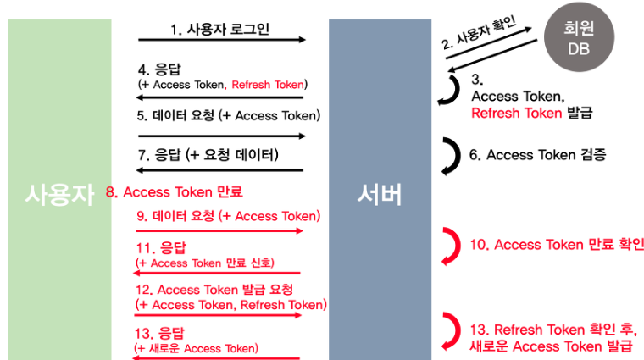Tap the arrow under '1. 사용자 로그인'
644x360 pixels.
[x=222, y=40]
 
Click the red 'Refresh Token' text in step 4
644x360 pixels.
[x=269, y=85]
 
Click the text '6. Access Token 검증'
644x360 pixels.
[x=537, y=155]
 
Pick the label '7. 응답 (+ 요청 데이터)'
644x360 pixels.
[x=208, y=154]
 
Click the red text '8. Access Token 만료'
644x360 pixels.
[x=176, y=191]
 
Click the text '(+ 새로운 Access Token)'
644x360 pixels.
[x=197, y=347]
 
